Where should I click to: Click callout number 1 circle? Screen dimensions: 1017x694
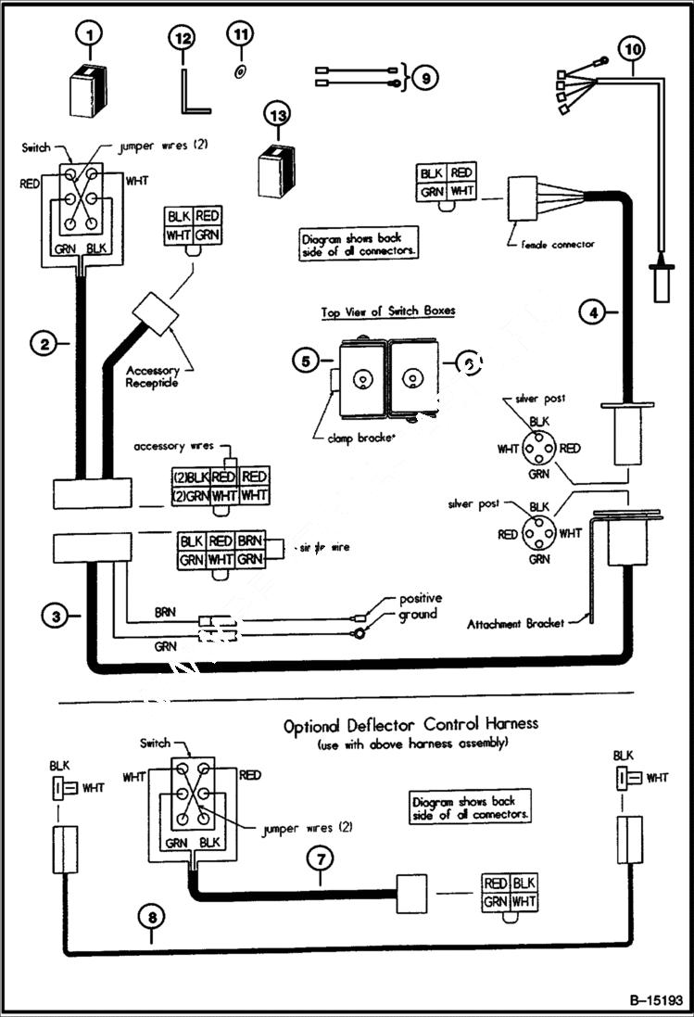[x=90, y=36]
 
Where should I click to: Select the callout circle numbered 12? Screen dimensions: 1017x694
[x=183, y=39]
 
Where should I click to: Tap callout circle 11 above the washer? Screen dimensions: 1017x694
[x=240, y=34]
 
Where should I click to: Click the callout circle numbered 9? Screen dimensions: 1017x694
[x=423, y=78]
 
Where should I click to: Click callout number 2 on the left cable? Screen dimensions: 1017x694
[x=44, y=344]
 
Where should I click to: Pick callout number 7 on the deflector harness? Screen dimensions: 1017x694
[x=320, y=859]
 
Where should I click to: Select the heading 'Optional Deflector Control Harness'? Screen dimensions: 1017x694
[x=410, y=724]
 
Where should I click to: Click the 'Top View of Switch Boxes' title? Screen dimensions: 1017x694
[x=387, y=311]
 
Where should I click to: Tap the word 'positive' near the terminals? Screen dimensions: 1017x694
[x=421, y=599]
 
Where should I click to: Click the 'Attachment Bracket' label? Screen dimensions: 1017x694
[x=516, y=623]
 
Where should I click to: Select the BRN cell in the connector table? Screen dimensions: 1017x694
[x=249, y=541]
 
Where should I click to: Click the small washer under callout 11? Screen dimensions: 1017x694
[x=239, y=71]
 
